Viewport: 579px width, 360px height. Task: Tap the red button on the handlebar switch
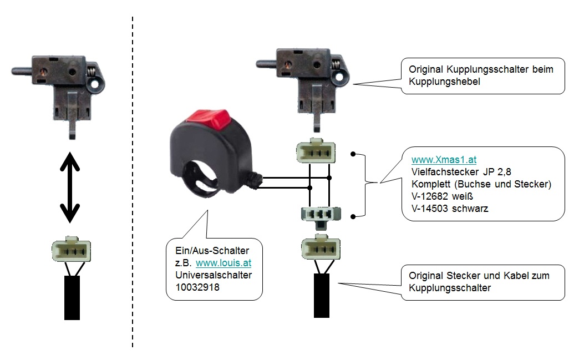pyautogui.click(x=208, y=117)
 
